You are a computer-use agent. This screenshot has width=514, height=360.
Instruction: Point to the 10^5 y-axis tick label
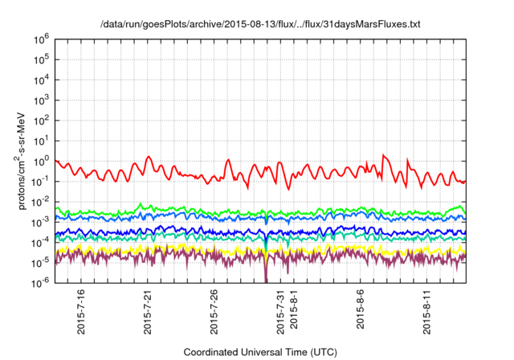point(43,59)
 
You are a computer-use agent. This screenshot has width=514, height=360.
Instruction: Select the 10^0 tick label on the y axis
point(43,161)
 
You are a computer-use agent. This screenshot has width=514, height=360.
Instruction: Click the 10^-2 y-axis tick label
point(42,201)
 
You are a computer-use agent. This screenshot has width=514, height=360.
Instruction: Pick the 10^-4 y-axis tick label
point(42,242)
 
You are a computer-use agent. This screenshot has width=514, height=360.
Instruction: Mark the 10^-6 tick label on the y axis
point(42,282)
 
